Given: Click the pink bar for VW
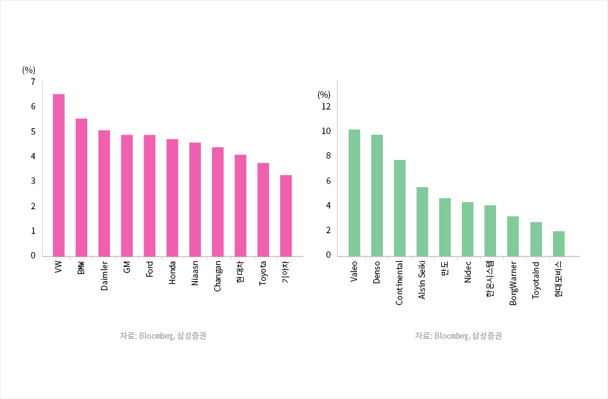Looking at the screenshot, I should (58, 175).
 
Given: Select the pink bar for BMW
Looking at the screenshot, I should (81, 187).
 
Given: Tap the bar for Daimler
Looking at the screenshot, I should (104, 193).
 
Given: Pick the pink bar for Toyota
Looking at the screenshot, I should (263, 209).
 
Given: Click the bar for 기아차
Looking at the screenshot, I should (286, 216).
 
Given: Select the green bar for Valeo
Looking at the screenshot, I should (354, 192).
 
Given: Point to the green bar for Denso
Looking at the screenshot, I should (377, 195).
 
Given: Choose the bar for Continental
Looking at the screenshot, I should (400, 208).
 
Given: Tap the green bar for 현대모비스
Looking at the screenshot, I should (559, 244).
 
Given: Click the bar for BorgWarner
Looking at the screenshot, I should (513, 236).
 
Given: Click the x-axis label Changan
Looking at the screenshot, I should (218, 276).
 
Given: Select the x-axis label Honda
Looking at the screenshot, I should (172, 274).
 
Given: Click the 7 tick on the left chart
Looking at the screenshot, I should (32, 82).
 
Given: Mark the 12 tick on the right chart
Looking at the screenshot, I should (326, 106).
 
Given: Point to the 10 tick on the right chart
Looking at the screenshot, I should (326, 131).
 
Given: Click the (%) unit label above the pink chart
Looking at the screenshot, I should (28, 70).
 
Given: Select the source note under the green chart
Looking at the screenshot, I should (459, 336).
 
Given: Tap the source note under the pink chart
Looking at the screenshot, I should (163, 336).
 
